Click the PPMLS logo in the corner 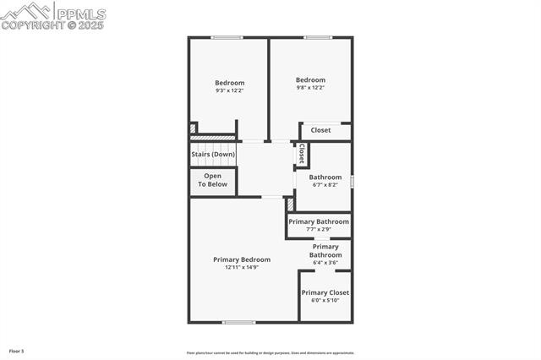[53, 12]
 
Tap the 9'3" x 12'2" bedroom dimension [229, 90]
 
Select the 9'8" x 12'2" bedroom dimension [310, 88]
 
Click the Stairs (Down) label [213, 155]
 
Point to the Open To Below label [213, 180]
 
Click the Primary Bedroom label [242, 259]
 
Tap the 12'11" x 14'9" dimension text [242, 268]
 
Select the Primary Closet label [325, 292]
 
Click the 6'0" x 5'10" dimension [325, 300]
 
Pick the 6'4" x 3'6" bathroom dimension [325, 263]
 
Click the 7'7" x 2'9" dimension [319, 229]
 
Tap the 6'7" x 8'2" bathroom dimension [325, 185]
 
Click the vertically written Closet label [301, 154]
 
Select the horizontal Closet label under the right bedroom [321, 130]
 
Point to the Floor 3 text [17, 351]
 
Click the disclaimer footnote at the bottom [270, 353]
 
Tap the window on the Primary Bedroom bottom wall [239, 322]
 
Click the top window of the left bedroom [227, 37]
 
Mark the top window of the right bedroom [317, 37]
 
